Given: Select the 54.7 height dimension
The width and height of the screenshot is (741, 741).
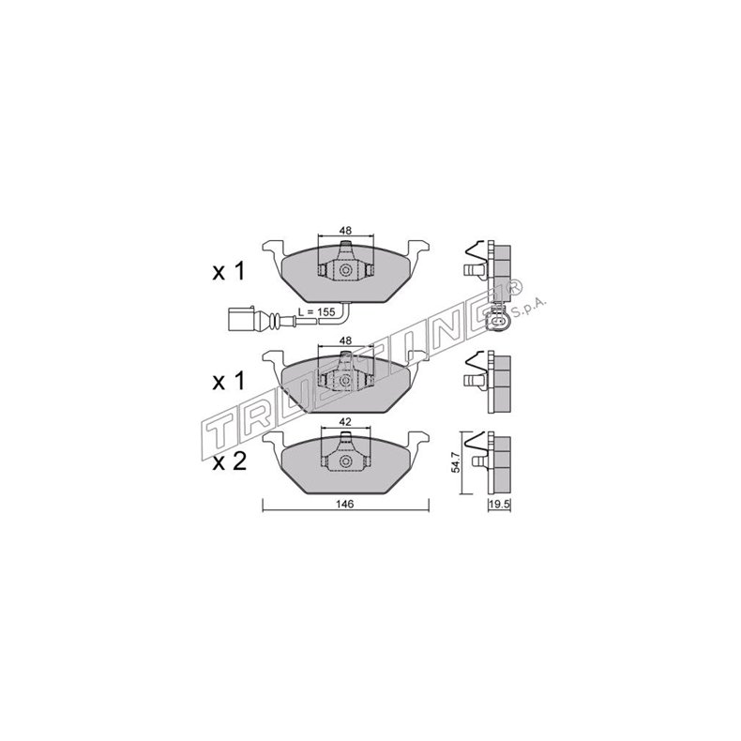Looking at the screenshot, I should tap(457, 462).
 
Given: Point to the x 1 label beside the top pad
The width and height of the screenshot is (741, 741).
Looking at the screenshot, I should tap(227, 273).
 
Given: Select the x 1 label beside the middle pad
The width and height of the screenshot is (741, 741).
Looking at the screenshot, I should tap(227, 382).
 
